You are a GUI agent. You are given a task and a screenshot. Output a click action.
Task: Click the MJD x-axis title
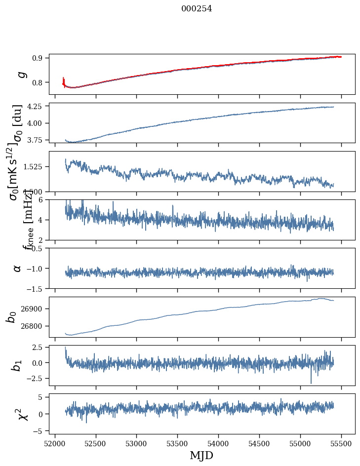(x=201, y=455)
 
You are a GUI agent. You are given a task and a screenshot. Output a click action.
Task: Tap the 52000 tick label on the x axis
(x=55, y=443)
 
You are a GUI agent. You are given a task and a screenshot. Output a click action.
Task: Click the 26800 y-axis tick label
(x=34, y=326)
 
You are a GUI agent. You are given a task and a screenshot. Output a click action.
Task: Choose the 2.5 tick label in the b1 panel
(x=38, y=349)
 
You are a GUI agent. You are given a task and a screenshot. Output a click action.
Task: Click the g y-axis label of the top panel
(x=21, y=74)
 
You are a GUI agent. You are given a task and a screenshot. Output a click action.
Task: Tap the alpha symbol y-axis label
(x=17, y=268)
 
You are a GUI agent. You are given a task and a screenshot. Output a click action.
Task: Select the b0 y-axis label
(x=12, y=316)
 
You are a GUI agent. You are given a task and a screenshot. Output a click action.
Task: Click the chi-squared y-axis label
(x=23, y=414)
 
